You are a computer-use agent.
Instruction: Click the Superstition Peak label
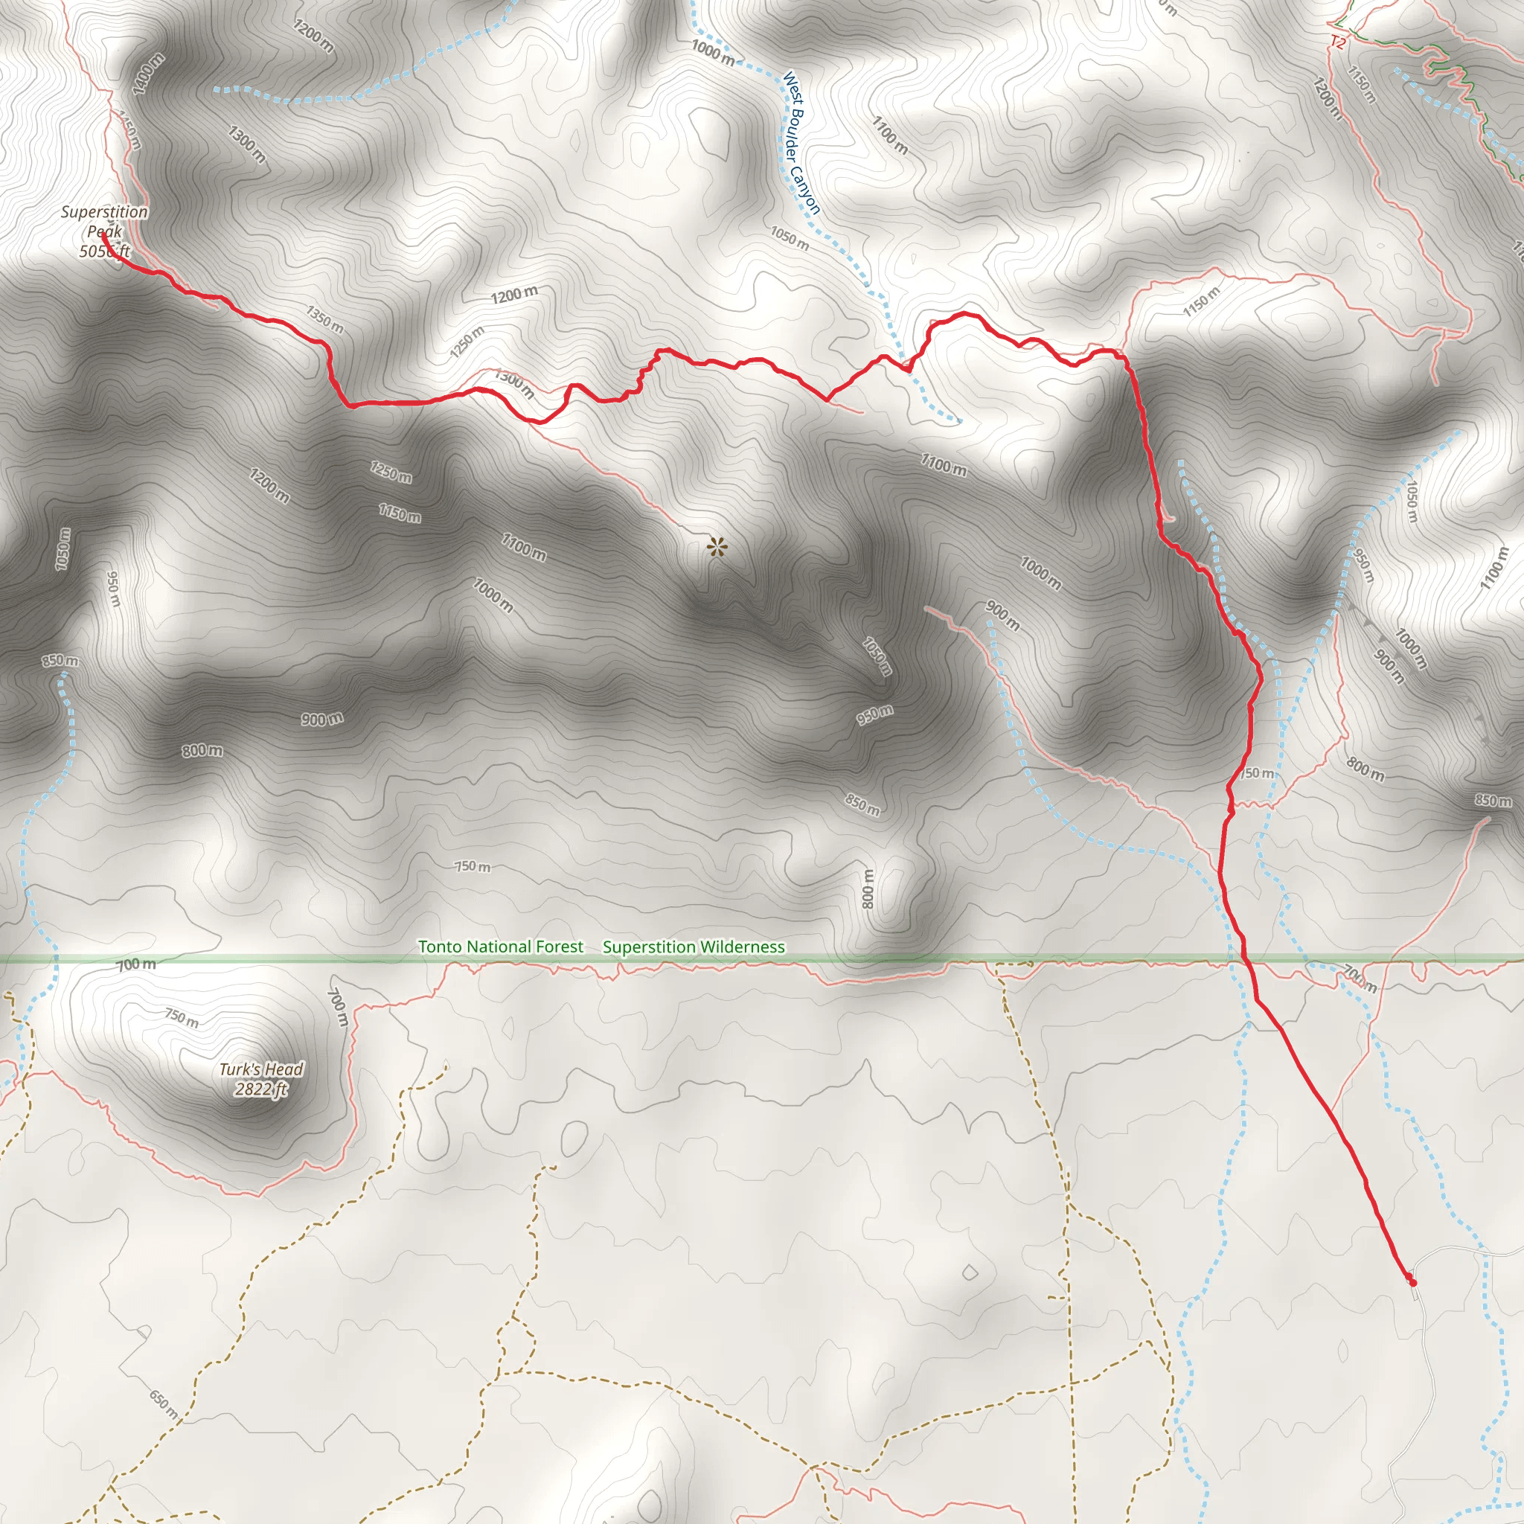click(x=104, y=231)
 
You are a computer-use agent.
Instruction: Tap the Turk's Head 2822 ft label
click(x=261, y=1079)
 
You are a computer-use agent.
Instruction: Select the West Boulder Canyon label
click(x=801, y=143)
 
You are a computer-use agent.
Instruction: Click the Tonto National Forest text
click(x=501, y=947)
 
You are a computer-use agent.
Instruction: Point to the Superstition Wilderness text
click(x=694, y=947)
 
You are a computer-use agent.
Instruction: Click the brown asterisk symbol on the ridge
click(x=717, y=547)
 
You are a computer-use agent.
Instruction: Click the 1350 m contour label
click(x=325, y=319)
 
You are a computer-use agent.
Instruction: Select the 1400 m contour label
click(x=149, y=74)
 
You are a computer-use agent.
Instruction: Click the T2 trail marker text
click(x=1337, y=42)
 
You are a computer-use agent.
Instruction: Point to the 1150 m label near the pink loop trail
click(x=1201, y=301)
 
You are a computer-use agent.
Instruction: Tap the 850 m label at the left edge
click(x=61, y=660)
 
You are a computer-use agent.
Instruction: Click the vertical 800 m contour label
click(x=868, y=889)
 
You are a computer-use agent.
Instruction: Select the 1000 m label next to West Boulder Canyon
click(x=713, y=53)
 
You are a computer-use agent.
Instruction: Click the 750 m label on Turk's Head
click(x=182, y=1017)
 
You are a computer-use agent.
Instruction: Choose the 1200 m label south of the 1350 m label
click(x=514, y=295)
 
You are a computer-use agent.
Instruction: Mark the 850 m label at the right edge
click(x=1493, y=801)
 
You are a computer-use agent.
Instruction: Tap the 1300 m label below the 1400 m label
click(x=247, y=144)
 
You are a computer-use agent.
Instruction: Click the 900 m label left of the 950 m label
click(x=321, y=719)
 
